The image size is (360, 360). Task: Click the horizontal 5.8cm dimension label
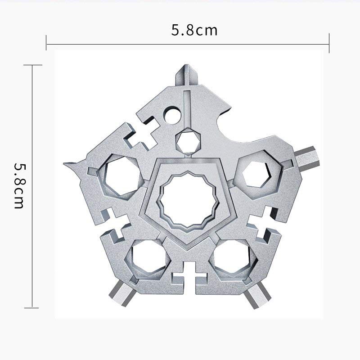coord(194,30)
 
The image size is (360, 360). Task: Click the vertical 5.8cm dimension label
coord(19,185)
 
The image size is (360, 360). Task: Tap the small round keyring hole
coord(173,115)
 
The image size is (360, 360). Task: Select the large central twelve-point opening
coord(188,199)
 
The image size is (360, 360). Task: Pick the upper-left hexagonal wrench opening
coord(121,176)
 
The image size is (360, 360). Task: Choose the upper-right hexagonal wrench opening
coord(256,174)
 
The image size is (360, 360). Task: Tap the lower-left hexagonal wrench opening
coord(148,259)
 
